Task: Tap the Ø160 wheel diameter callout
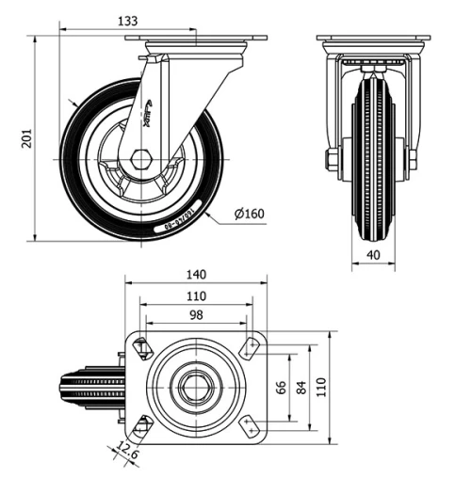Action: point(249,214)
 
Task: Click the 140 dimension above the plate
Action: point(196,275)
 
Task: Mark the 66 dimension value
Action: point(279,387)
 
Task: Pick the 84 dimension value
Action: point(300,387)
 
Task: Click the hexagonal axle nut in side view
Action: point(141,158)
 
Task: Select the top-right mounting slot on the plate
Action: point(250,348)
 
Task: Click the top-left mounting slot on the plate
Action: point(142,348)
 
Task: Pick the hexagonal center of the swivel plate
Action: point(196,387)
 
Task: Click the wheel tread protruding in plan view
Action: point(89,387)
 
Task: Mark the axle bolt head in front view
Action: point(332,160)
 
